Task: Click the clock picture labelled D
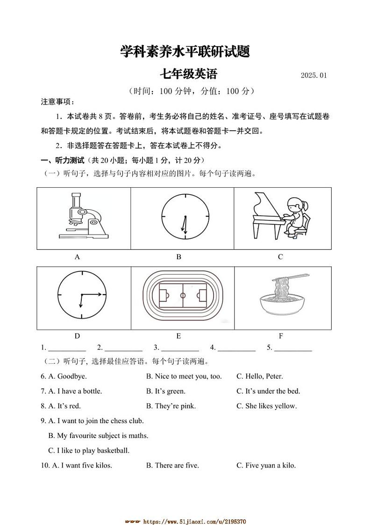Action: pyautogui.click(x=82, y=295)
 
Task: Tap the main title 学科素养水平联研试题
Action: pyautogui.click(x=185, y=51)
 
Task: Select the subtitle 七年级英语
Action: pyautogui.click(x=189, y=74)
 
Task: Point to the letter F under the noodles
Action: pyautogui.click(x=281, y=336)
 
